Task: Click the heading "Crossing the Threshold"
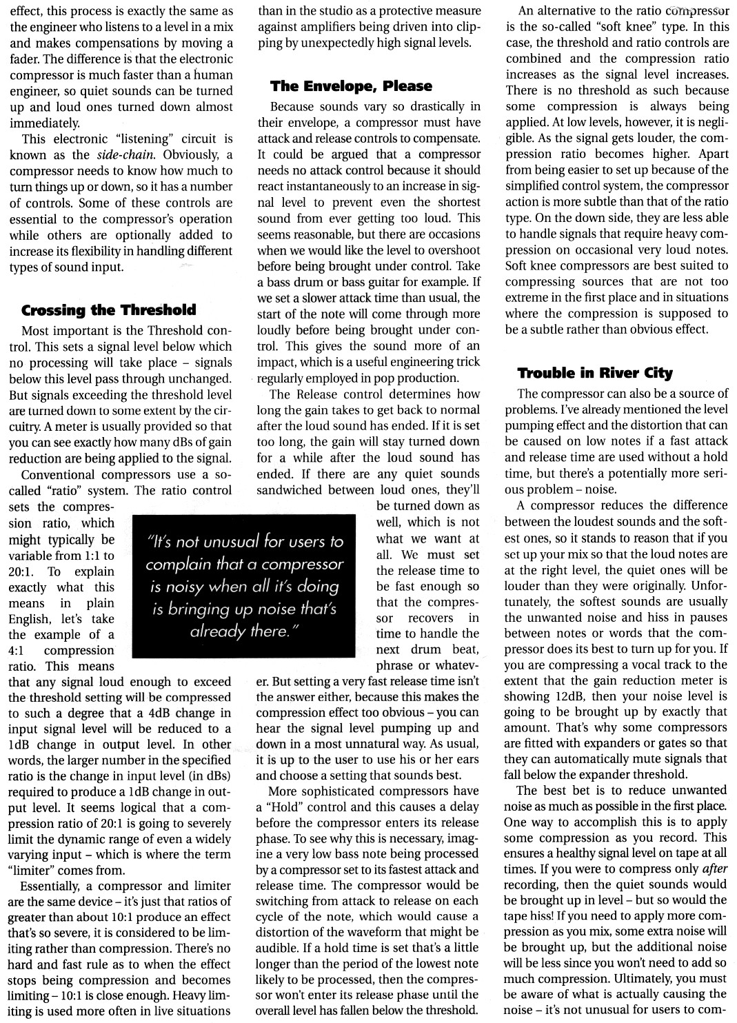(109, 310)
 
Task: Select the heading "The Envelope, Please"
(352, 86)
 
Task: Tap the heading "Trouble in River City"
(595, 373)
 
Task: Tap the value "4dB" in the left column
(148, 713)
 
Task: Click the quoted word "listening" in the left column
(150, 139)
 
